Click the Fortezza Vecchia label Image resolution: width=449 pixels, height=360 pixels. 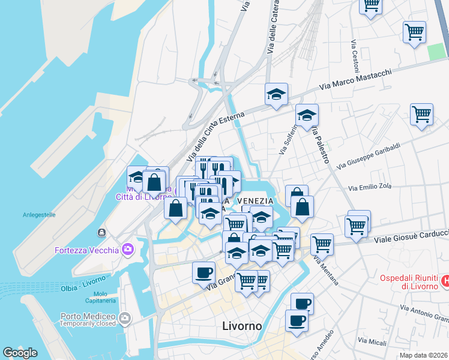pyautogui.click(x=87, y=250)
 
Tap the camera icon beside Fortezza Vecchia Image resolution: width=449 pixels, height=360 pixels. pyautogui.click(x=127, y=248)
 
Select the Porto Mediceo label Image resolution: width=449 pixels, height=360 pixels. pyautogui.click(x=88, y=316)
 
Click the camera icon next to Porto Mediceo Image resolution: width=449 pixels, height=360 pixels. pyautogui.click(x=124, y=318)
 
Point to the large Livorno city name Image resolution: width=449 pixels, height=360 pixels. pyautogui.click(x=242, y=326)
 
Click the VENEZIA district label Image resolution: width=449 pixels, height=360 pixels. pyautogui.click(x=256, y=201)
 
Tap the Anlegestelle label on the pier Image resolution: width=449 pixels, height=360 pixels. pyautogui.click(x=39, y=214)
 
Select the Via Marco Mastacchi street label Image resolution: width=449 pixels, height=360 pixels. pyautogui.click(x=355, y=79)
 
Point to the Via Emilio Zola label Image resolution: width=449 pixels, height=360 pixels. pyautogui.click(x=370, y=187)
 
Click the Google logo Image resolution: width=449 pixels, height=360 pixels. pyautogui.click(x=20, y=353)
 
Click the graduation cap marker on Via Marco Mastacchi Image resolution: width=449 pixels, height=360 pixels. pyautogui.click(x=276, y=94)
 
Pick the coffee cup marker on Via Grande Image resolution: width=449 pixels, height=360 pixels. pyautogui.click(x=203, y=273)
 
